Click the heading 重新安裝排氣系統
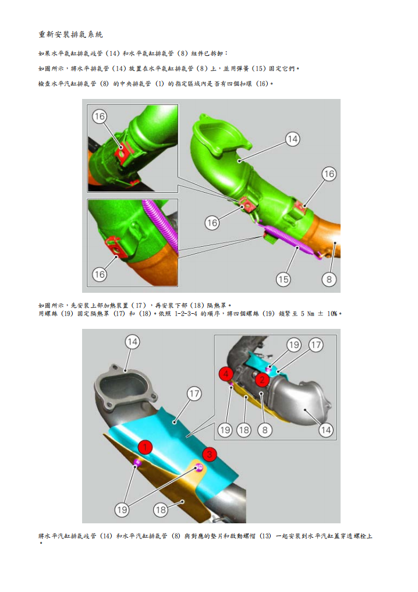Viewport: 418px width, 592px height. pos(70,35)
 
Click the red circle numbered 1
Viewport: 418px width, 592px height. pos(145,447)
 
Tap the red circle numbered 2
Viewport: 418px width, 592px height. pos(263,380)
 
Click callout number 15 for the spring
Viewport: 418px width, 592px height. pos(284,279)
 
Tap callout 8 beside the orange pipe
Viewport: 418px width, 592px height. pos(329,279)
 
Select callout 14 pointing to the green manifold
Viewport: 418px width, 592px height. pos(292,139)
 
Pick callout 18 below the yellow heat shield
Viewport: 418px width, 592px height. pos(161,510)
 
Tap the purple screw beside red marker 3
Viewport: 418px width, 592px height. pos(200,467)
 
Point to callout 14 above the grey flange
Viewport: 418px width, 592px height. pos(133,342)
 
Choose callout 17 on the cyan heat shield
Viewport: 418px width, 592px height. pos(194,394)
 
